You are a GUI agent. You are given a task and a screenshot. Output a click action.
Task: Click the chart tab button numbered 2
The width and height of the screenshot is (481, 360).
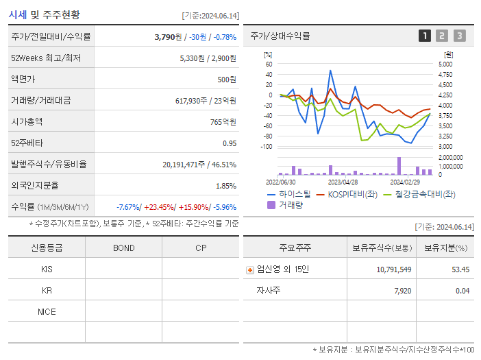442,36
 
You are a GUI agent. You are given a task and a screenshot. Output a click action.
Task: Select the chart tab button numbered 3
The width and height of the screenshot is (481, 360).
459,36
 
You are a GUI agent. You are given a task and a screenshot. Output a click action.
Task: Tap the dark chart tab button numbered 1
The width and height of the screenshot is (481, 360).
425,36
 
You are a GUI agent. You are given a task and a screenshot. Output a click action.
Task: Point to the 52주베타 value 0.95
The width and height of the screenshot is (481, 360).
230,143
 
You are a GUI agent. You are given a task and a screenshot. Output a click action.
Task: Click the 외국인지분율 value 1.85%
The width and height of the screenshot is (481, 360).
225,186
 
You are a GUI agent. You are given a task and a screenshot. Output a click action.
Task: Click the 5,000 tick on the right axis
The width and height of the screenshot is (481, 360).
445,64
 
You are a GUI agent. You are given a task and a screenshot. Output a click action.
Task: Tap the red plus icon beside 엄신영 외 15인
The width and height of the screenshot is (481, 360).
250,269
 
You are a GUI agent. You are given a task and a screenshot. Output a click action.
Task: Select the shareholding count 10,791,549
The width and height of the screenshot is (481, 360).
394,269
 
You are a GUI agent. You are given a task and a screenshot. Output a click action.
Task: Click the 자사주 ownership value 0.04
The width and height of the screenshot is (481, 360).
463,291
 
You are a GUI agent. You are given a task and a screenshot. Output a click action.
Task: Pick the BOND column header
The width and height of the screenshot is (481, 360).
123,248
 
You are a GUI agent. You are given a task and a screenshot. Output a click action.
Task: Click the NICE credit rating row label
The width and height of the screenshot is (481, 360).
47,311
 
